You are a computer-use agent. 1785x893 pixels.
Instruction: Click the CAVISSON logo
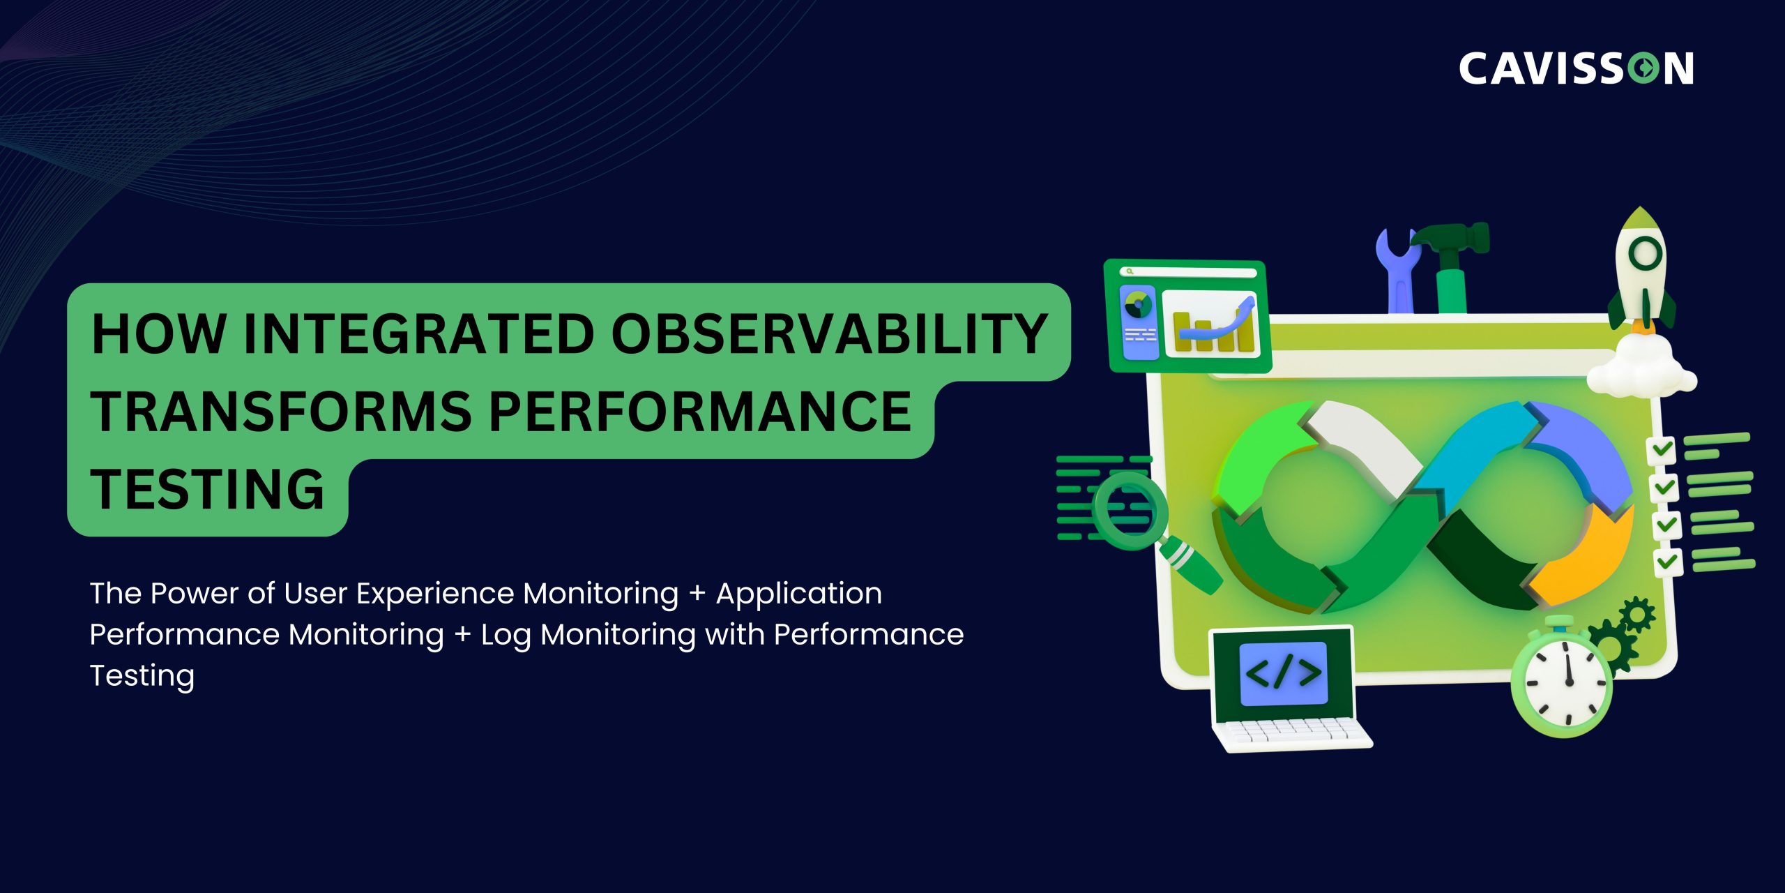[x=1576, y=68]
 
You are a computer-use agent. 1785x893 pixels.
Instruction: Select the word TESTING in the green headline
[x=207, y=489]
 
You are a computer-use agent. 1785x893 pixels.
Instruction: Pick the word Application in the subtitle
[x=798, y=594]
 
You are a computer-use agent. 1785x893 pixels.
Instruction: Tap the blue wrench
[x=1398, y=272]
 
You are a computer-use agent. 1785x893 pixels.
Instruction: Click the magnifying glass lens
[x=1130, y=511]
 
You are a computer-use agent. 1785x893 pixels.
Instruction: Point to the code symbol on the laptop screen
[x=1283, y=673]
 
